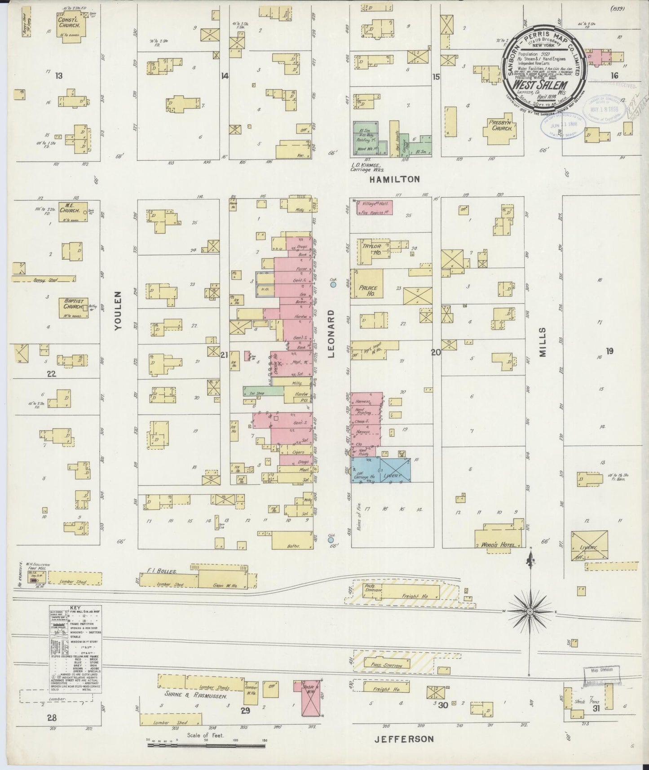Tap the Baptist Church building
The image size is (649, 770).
73,307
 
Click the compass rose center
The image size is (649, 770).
530,612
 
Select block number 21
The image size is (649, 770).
224,355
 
